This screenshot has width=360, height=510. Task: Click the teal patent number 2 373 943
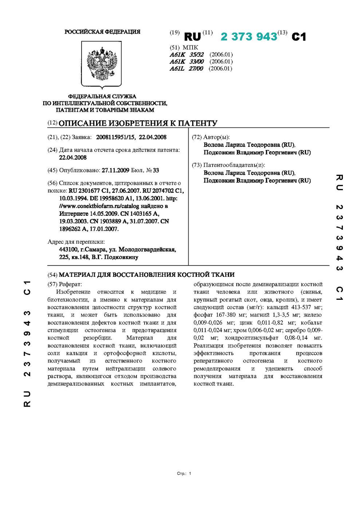249,36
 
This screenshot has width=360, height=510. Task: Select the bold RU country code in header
192,37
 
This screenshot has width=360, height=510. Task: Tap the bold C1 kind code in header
299,37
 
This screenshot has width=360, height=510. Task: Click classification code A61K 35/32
186,55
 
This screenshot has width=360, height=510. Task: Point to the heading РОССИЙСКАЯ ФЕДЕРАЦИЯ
102,32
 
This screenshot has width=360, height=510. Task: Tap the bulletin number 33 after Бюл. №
156,170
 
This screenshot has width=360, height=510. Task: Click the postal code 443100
68,250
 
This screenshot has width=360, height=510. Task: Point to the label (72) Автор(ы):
211,137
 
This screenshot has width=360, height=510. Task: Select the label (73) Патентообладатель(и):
228,165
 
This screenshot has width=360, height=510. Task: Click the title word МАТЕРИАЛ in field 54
77,274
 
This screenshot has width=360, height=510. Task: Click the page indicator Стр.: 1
184,474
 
